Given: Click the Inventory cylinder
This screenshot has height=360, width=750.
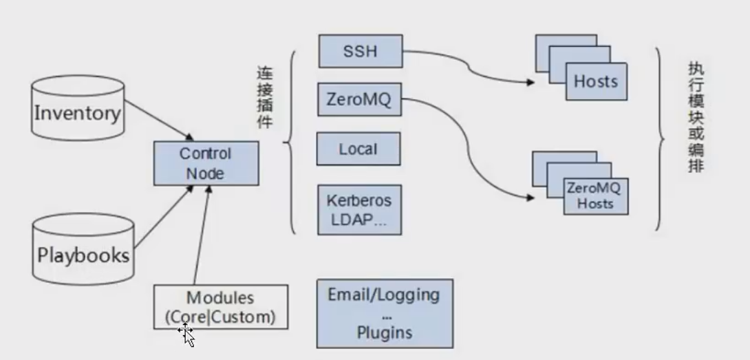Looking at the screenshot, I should tap(77, 112).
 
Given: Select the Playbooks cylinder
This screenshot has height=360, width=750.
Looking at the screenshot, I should tap(83, 255).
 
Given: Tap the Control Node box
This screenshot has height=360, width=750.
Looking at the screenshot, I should tap(206, 163).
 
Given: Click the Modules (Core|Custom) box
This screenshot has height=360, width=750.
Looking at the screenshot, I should tap(221, 308).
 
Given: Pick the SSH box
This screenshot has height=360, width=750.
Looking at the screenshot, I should tap(360, 52).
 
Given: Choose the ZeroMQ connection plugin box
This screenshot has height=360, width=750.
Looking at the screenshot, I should tap(358, 99).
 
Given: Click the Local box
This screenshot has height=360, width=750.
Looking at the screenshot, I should tap(358, 149).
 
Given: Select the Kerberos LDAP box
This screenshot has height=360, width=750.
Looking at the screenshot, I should tap(359, 209).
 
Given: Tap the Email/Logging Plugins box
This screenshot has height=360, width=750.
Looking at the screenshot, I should tap(385, 313).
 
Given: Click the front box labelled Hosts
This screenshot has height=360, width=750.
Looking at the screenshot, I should tap(596, 81).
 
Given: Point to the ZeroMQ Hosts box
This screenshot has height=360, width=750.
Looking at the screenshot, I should tap(595, 195).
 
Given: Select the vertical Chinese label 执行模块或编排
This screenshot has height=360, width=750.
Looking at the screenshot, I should tap(696, 117).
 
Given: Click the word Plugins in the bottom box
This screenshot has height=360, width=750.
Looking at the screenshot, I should tap(385, 332).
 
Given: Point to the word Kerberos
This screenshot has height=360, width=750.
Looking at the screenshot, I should tap(359, 202).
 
